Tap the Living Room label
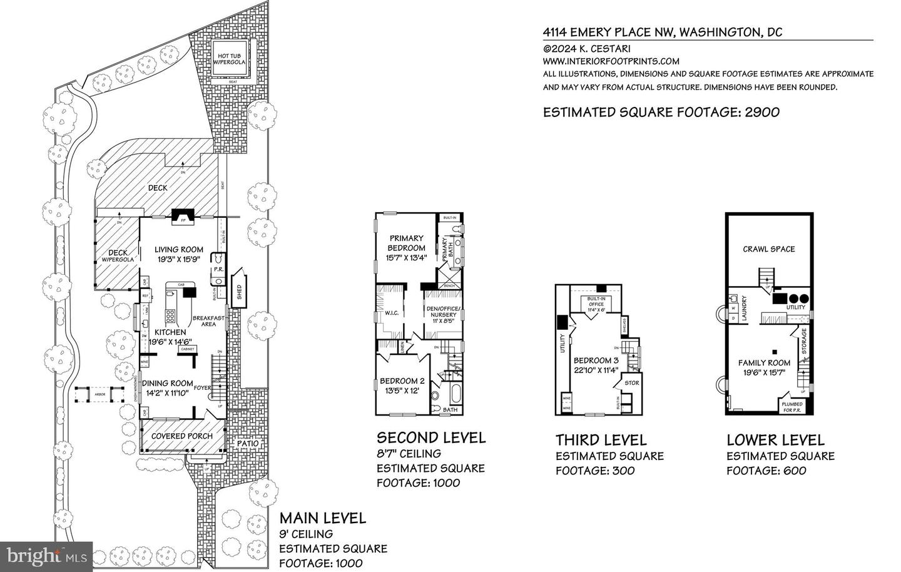179,250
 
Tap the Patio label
247,444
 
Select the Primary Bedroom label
407,243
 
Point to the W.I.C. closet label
392,314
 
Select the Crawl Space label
769,249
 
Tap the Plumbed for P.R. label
792,407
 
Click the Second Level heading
430,437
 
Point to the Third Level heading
601,440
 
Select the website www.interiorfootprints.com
611,61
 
